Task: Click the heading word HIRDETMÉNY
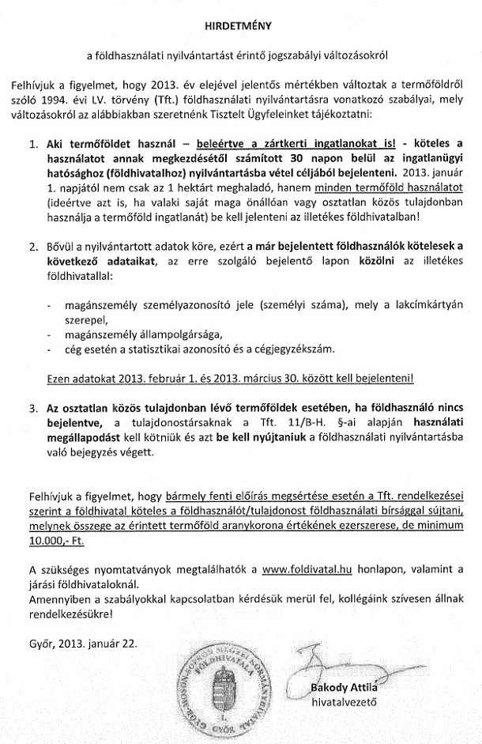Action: tap(239, 25)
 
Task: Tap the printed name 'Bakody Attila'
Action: tap(346, 685)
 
